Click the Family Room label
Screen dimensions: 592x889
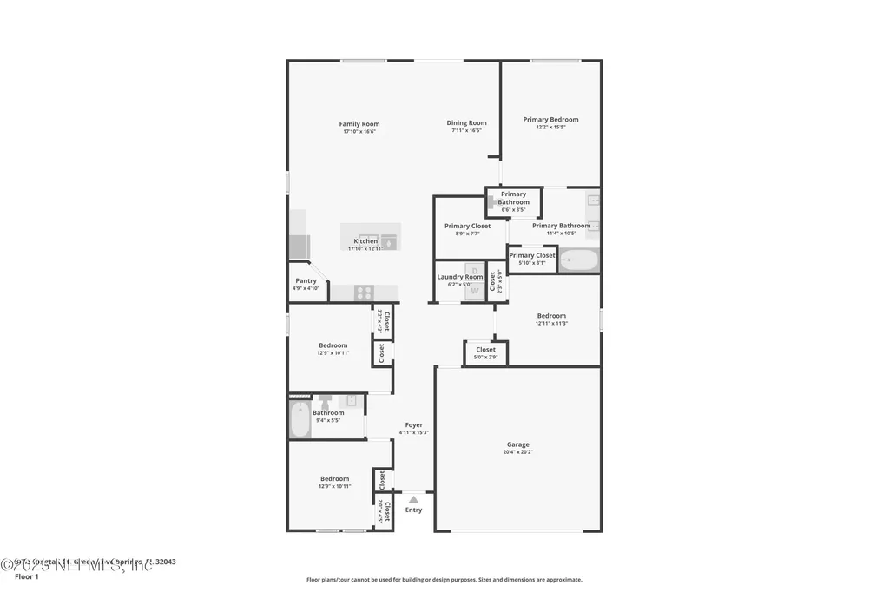(359, 124)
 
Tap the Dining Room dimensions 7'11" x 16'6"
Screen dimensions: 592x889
(466, 131)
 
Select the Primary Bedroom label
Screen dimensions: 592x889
(550, 120)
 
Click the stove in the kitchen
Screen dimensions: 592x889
(365, 293)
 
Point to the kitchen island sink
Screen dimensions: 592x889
(388, 242)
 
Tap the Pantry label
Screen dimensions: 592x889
(306, 280)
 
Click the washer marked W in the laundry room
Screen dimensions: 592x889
(475, 292)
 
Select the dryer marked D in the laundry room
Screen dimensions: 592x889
(475, 271)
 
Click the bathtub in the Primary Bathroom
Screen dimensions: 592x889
(577, 260)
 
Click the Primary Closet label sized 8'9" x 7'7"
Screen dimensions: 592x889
(467, 226)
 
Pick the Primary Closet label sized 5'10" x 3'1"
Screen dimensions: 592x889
(531, 255)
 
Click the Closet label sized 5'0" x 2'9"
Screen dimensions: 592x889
(485, 350)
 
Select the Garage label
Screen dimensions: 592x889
(517, 444)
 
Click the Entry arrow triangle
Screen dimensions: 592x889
(414, 499)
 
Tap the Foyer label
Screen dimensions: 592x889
(413, 425)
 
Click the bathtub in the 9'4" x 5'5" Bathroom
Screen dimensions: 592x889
(300, 419)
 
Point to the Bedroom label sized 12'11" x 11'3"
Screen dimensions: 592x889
(550, 316)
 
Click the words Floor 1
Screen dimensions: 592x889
(27, 576)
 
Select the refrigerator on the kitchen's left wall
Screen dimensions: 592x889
(298, 247)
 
